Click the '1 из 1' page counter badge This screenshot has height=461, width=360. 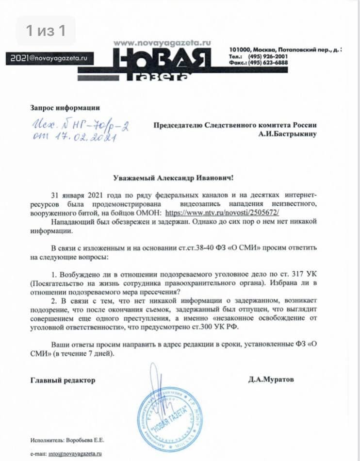pyautogui.click(x=46, y=31)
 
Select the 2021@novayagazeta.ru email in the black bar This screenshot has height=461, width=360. pyautogui.click(x=49, y=58)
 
